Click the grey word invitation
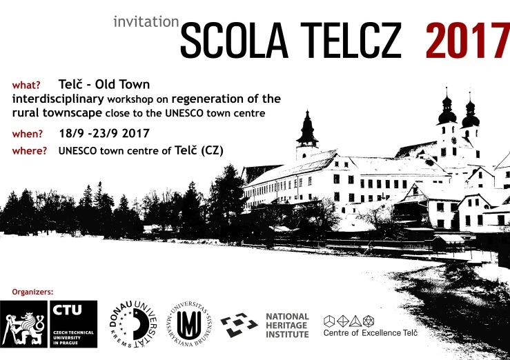click(146, 22)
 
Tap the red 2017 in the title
click(468, 41)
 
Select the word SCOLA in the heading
click(234, 41)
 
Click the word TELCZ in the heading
click(351, 41)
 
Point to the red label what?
click(26, 85)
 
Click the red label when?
click(28, 134)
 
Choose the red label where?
click(30, 151)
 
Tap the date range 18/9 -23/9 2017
click(104, 133)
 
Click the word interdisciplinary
click(58, 99)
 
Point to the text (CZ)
click(212, 151)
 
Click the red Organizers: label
click(32, 292)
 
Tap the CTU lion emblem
click(23, 324)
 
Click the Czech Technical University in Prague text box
click(74, 324)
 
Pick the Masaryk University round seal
click(190, 324)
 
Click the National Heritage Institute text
click(287, 326)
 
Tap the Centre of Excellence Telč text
click(370, 332)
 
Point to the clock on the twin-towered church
click(453, 141)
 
